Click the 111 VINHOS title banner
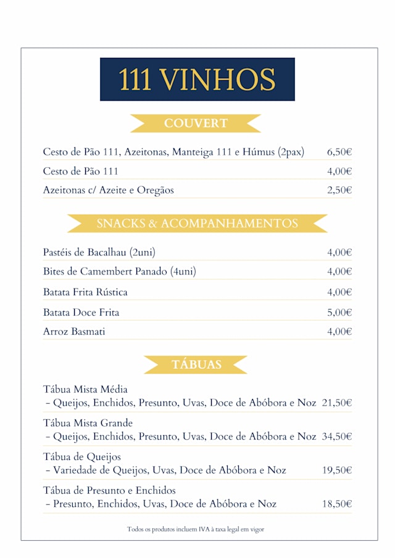pyautogui.click(x=197, y=80)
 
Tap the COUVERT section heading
pyautogui.click(x=196, y=123)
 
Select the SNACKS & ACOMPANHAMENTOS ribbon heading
pyautogui.click(x=197, y=223)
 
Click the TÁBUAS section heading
pyautogui.click(x=196, y=364)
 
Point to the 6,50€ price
pyautogui.click(x=339, y=152)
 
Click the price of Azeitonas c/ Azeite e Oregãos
pyautogui.click(x=339, y=190)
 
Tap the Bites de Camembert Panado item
pyautogui.click(x=119, y=271)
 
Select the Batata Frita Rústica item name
pyautogui.click(x=85, y=292)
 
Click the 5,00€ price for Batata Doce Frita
pyautogui.click(x=339, y=313)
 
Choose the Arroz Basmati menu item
pyautogui.click(x=74, y=332)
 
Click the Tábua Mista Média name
pyautogui.click(x=85, y=390)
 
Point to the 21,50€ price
pyautogui.click(x=337, y=403)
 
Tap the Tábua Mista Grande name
pyautogui.click(x=88, y=423)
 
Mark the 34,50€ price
pyautogui.click(x=337, y=437)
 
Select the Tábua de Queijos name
pyautogui.click(x=82, y=457)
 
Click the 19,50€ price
pyautogui.click(x=337, y=470)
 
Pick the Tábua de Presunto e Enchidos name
pyautogui.click(x=109, y=490)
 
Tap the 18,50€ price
pyautogui.click(x=337, y=504)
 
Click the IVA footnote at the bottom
pyautogui.click(x=196, y=529)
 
